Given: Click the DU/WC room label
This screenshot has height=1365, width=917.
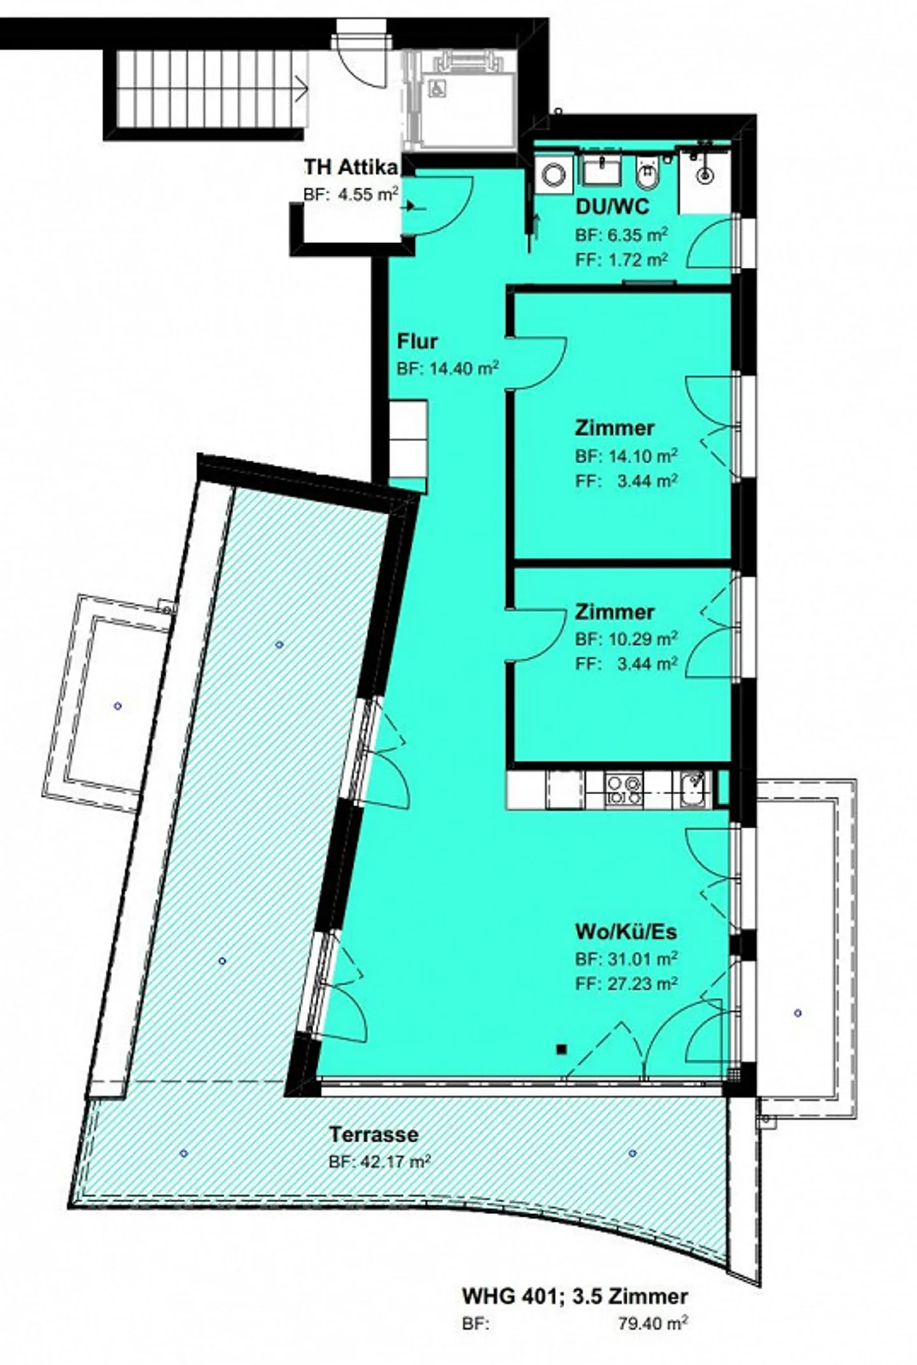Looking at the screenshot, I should (612, 207).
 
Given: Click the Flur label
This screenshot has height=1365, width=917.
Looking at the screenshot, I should (417, 341).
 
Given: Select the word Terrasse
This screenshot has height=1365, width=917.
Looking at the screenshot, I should (374, 1133).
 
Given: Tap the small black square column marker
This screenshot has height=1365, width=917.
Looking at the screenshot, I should (561, 1049).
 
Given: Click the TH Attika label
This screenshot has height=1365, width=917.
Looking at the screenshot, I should (351, 167).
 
